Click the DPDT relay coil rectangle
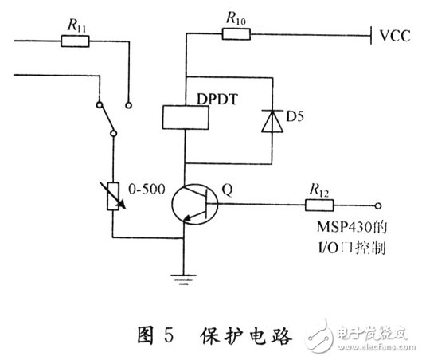coord(185,118)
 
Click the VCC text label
coord(397,36)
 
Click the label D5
coord(297,123)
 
